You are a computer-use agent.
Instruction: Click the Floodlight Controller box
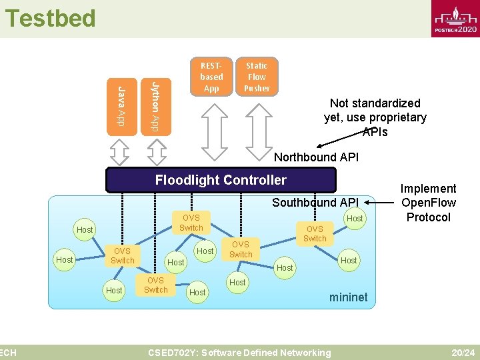221,180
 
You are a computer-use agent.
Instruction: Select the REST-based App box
211,77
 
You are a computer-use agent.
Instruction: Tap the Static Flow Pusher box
257,77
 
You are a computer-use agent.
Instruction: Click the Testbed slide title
50,18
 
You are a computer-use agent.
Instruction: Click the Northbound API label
317,157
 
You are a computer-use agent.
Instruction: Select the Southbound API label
315,203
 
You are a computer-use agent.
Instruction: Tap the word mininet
348,297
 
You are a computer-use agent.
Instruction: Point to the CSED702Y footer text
239,353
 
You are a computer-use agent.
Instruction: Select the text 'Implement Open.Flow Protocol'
429,203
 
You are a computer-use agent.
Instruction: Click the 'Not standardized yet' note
375,117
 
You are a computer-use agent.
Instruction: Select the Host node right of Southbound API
355,219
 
